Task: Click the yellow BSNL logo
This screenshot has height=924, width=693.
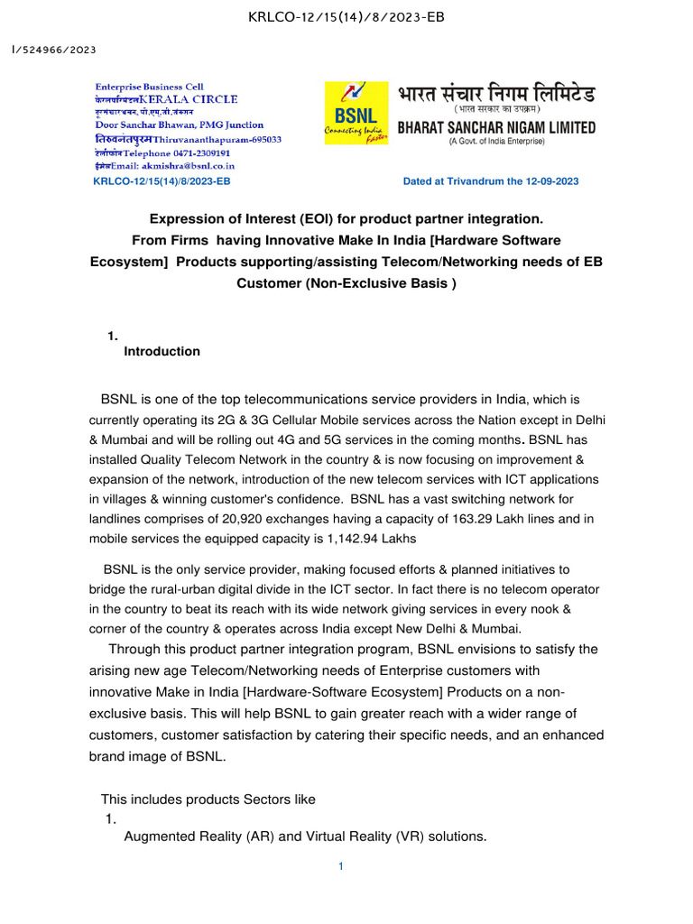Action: [357, 113]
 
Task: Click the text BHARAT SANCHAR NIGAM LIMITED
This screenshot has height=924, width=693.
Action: [496, 128]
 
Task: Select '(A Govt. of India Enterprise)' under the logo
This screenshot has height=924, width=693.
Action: [496, 142]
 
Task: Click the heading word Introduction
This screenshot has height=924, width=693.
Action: [162, 352]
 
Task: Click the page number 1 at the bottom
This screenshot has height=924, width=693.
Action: [341, 867]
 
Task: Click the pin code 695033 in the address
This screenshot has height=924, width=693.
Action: [262, 140]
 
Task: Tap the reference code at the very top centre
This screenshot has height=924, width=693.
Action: [346, 17]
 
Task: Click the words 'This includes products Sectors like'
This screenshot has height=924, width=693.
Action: [208, 799]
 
